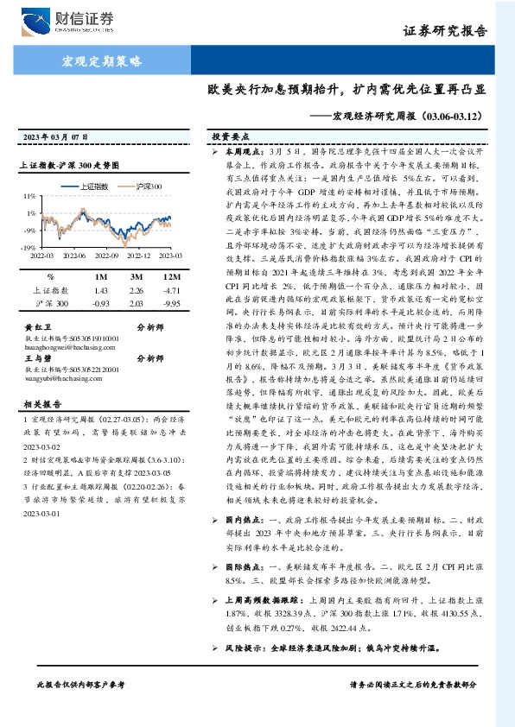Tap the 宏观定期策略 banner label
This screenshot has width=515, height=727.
click(x=101, y=61)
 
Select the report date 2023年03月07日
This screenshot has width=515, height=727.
click(x=54, y=137)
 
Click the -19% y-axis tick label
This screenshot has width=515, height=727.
click(x=29, y=247)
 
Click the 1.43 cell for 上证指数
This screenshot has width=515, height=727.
click(x=102, y=291)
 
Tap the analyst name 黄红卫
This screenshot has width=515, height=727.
click(x=33, y=328)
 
